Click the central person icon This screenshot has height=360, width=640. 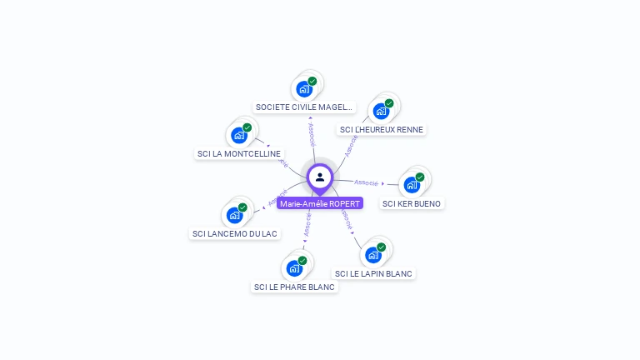[x=320, y=177]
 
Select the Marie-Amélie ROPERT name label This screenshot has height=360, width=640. [x=320, y=203]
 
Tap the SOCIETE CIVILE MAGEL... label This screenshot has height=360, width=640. [x=305, y=107]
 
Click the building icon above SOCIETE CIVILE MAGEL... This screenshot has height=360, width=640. [x=304, y=88]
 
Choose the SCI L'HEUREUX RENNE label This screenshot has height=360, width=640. [x=382, y=129]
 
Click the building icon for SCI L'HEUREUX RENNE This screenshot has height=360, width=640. [x=381, y=111]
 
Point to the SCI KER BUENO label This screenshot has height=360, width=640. [x=412, y=203]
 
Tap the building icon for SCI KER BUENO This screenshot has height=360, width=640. [x=411, y=184]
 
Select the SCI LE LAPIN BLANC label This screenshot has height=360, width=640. [x=373, y=273]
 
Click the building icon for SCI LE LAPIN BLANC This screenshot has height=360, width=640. [x=372, y=255]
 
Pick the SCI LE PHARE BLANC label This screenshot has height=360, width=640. [x=294, y=287]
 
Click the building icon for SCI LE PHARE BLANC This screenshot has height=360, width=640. [x=294, y=268]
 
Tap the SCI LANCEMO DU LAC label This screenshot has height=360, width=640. [x=235, y=233]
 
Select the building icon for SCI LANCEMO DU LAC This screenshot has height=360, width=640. [x=235, y=215]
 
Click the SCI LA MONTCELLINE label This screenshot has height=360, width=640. [x=239, y=153]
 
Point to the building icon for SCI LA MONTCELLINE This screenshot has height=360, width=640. [x=239, y=135]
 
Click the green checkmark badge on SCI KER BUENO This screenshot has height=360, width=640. [x=420, y=177]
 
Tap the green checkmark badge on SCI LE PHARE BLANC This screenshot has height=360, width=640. [x=302, y=261]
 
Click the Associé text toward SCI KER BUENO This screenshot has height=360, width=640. [x=366, y=182]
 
